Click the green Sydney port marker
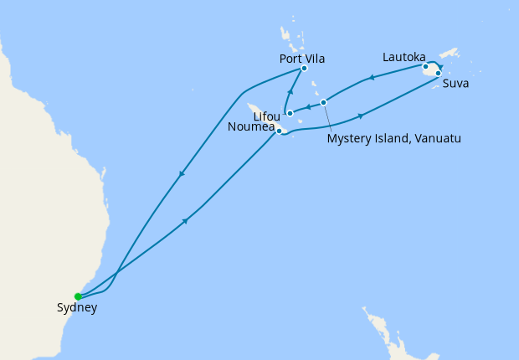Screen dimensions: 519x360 (x=78, y=296)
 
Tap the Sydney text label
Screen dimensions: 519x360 (x=77, y=308)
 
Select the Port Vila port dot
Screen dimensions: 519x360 (x=304, y=69)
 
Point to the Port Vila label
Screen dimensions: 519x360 (x=301, y=59)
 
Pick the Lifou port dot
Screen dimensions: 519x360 (x=289, y=113)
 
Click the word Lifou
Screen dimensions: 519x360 (x=266, y=116)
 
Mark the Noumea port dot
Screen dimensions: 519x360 (x=279, y=131)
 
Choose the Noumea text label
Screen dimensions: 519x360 (x=250, y=127)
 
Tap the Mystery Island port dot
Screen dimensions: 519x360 (x=323, y=102)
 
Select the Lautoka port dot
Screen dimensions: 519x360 (x=425, y=66)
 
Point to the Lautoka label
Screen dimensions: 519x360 (x=403, y=57)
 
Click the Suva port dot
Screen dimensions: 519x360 (x=439, y=73)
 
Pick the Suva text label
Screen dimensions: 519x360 (x=456, y=84)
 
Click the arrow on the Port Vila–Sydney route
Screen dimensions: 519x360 (x=181, y=174)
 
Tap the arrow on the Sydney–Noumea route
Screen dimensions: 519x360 (x=184, y=221)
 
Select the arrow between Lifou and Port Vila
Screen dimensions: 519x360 (x=290, y=92)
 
